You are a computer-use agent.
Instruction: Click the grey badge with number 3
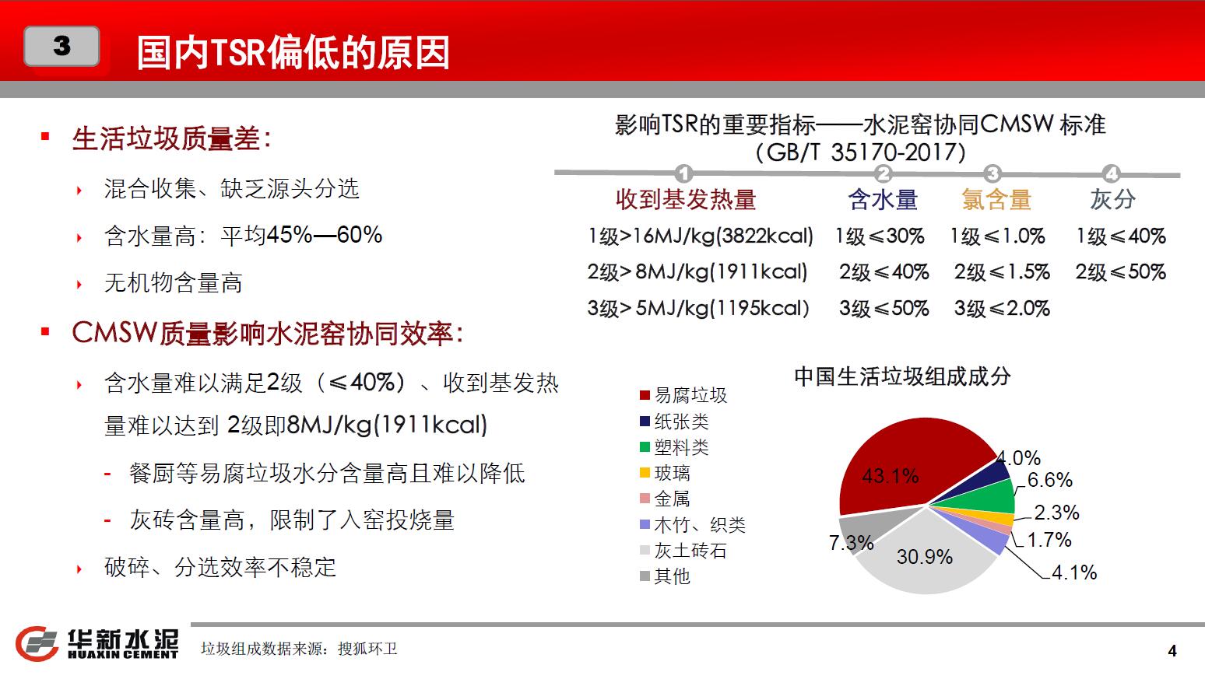click(61, 46)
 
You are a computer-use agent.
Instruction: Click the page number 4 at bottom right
click(1173, 651)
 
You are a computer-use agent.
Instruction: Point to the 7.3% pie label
click(851, 542)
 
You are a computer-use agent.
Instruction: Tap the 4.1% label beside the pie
click(1073, 572)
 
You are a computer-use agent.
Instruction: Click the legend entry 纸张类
click(675, 422)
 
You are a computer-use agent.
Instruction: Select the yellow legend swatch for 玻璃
click(645, 473)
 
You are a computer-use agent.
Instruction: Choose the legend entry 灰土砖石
click(683, 551)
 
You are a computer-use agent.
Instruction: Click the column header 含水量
click(883, 199)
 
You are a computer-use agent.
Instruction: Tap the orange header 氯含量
click(996, 199)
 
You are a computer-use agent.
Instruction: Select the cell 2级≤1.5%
click(1002, 272)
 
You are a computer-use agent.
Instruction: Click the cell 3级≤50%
click(884, 308)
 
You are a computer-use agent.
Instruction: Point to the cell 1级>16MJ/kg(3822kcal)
click(701, 236)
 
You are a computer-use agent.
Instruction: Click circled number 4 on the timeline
click(1112, 173)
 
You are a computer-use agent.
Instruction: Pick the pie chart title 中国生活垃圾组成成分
click(902, 376)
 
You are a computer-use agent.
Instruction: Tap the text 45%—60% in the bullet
click(325, 235)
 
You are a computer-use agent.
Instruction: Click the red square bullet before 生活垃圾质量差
click(45, 137)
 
